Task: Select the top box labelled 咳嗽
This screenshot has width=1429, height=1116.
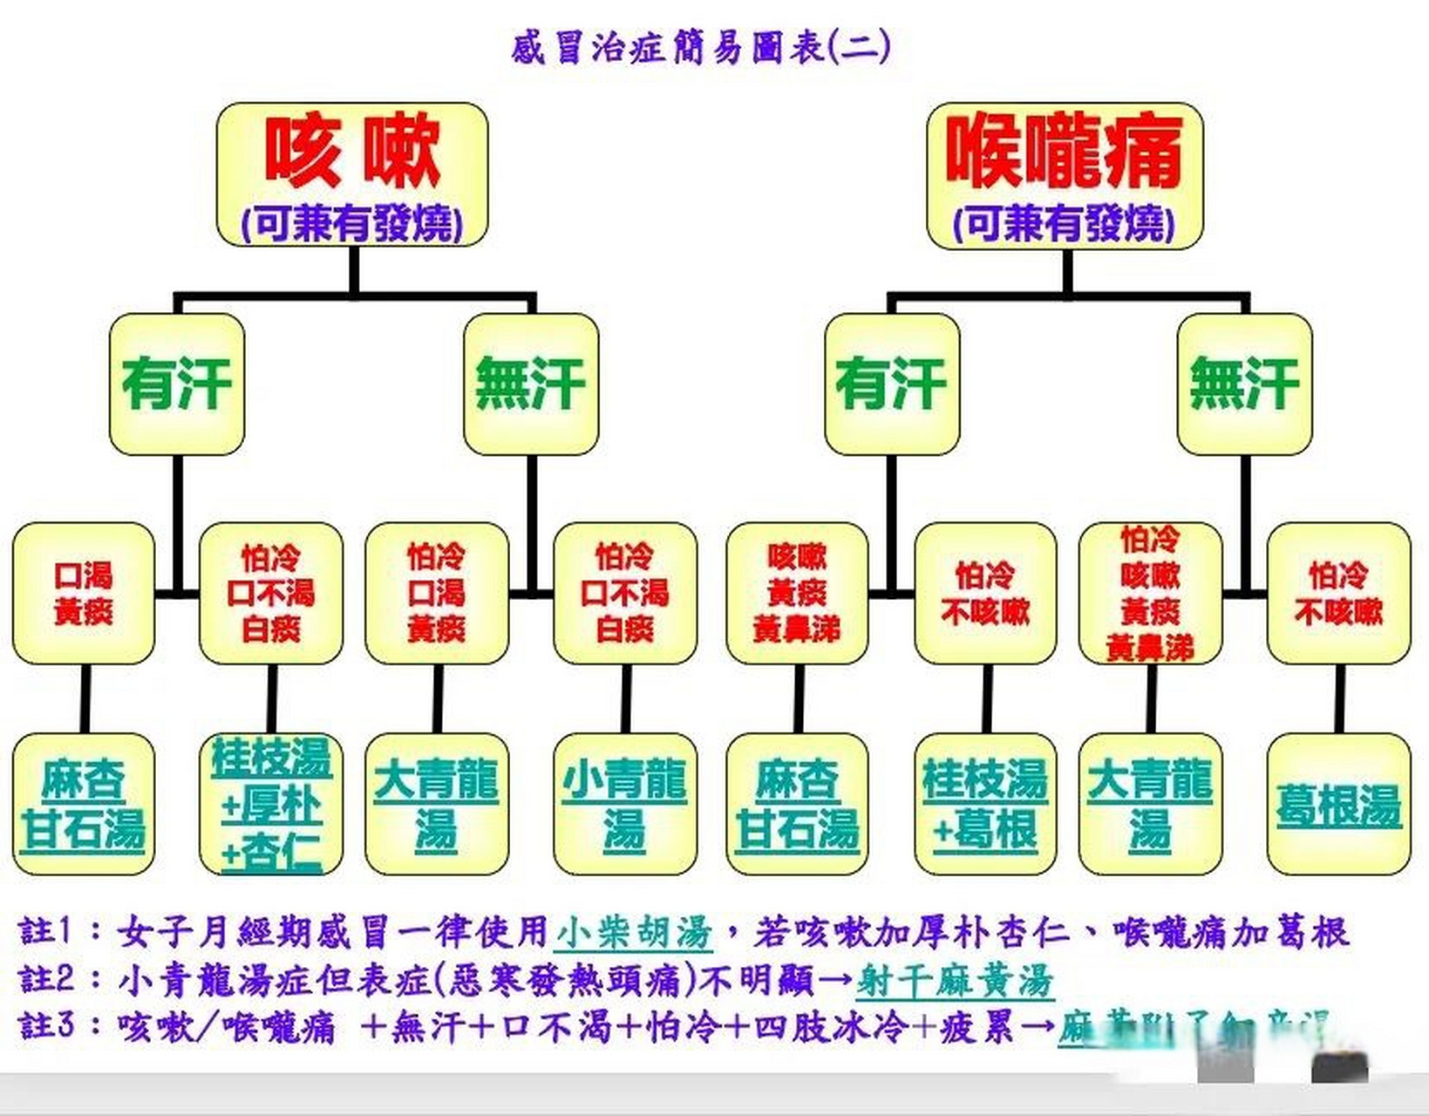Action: (x=352, y=174)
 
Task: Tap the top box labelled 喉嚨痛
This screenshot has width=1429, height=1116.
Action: (x=1065, y=174)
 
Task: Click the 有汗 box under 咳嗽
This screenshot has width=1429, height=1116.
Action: (x=177, y=384)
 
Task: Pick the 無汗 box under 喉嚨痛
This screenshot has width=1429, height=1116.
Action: (x=1244, y=384)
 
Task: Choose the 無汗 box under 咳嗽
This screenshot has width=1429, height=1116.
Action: (x=531, y=384)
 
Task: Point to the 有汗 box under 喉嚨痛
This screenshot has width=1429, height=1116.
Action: (x=891, y=384)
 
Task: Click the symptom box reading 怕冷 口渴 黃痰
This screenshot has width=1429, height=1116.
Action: (x=437, y=593)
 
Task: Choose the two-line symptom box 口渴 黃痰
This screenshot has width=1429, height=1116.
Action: (x=84, y=593)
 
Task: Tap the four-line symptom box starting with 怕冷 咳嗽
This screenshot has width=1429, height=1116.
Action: (x=1150, y=593)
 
